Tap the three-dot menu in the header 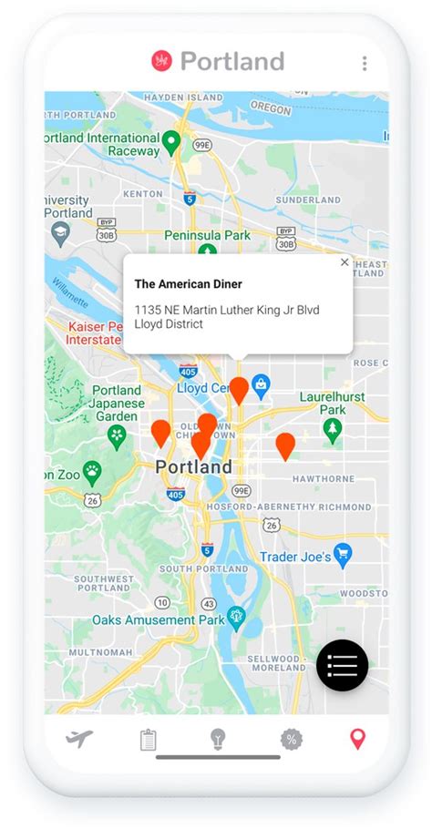(365, 63)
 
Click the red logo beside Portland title (161, 61)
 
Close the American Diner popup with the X (345, 262)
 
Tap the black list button (342, 665)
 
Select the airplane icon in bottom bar (80, 739)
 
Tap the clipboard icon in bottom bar (149, 740)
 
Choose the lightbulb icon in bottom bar (218, 739)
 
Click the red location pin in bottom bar (357, 739)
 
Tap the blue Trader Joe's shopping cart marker (343, 554)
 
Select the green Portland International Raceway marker (171, 142)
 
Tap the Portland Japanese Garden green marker (117, 436)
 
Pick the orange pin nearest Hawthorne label (285, 445)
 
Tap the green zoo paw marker (93, 471)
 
